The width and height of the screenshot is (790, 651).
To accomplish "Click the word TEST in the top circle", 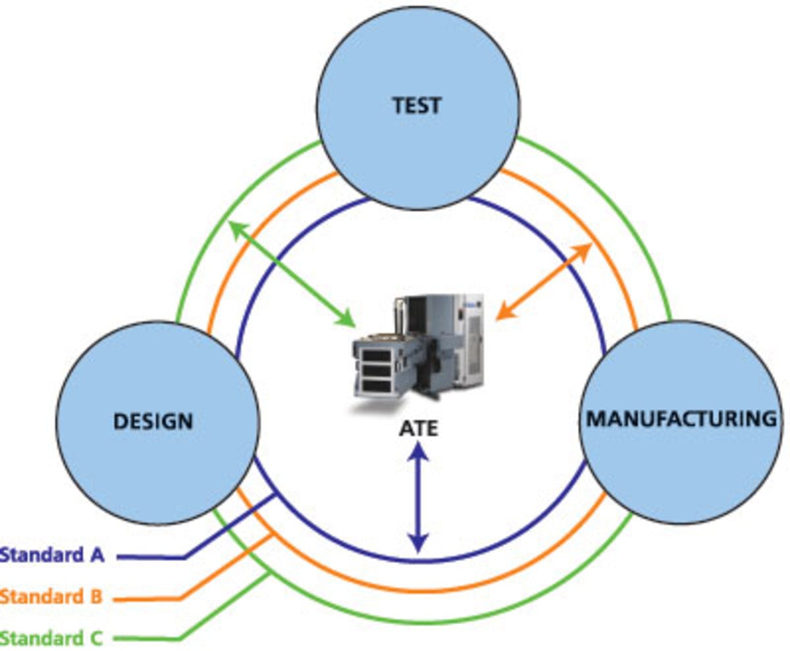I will click(x=417, y=105).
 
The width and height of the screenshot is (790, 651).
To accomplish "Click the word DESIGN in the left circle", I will click(x=153, y=421).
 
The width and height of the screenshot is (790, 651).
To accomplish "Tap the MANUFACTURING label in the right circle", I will click(x=681, y=419).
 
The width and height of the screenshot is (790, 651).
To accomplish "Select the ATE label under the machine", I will click(x=418, y=429).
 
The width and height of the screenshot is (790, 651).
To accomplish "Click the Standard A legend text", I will click(x=52, y=555).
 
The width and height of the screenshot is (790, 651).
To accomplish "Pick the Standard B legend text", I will click(x=51, y=597).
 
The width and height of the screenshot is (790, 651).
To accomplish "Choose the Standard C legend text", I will click(x=51, y=637).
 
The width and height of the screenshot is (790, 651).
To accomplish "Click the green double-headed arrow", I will click(x=290, y=272).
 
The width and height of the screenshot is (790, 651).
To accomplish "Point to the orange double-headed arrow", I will click(x=543, y=281).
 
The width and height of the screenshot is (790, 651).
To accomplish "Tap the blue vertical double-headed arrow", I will click(x=417, y=498).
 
